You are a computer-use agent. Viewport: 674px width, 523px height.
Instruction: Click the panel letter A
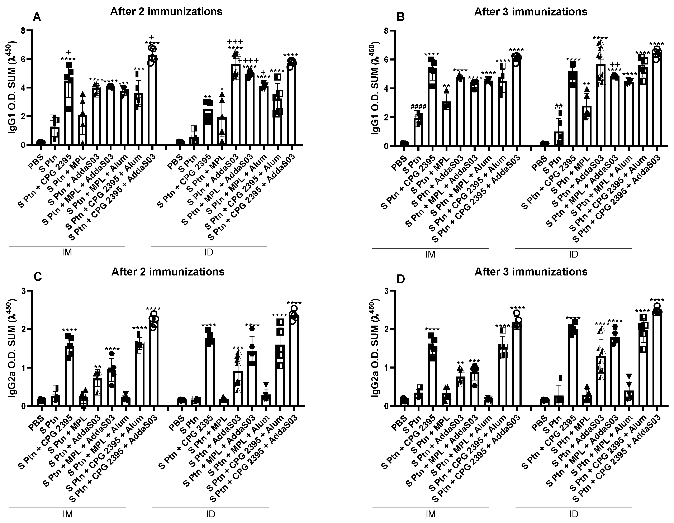coord(37,17)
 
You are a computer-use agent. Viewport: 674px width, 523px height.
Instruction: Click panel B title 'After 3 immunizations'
coord(531,12)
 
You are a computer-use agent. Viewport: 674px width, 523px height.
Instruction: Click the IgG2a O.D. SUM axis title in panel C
coord(13,349)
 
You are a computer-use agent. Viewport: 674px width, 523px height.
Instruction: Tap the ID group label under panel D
coord(573,514)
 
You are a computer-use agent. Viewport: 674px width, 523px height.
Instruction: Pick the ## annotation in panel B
coord(559,106)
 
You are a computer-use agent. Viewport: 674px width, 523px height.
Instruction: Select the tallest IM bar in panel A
coord(152,102)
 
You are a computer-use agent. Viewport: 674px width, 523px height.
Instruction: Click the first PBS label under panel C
coord(36,421)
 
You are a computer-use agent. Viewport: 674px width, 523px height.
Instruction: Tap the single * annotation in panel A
coord(222,89)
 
